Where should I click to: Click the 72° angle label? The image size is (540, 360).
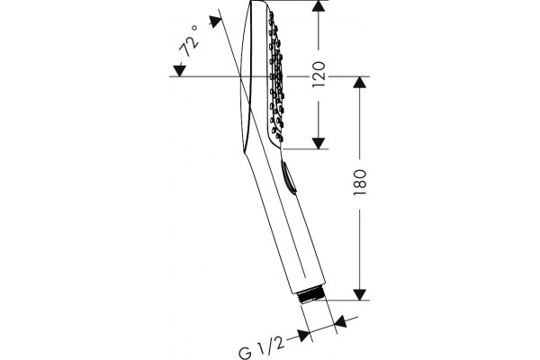pos(189,41)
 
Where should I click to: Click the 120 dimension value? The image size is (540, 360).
pos(319,75)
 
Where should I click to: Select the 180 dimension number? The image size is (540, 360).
pos(359,182)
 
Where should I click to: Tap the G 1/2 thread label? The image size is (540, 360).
pos(261,348)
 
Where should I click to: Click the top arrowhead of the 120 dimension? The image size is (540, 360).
pos(319,6)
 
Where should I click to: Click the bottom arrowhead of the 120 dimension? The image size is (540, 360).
pos(319,143)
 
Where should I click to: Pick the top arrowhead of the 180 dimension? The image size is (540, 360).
pos(359,82)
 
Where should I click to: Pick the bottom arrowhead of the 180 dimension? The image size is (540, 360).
pos(359,294)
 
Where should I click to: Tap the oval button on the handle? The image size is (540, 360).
pos(288,176)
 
